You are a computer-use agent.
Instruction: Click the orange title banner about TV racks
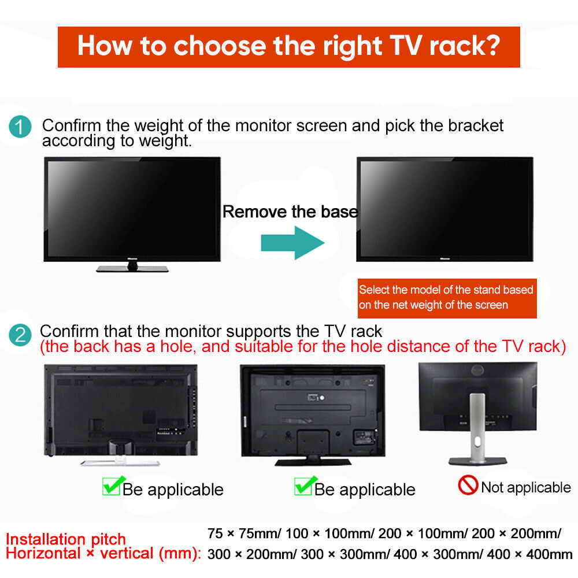tap(288, 46)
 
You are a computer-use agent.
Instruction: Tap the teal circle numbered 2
tap(21, 335)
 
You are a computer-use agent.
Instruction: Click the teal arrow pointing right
tap(292, 242)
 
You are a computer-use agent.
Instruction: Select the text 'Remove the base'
tap(290, 212)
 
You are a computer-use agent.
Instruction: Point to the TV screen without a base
tap(444, 209)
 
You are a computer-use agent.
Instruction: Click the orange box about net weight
tap(446, 297)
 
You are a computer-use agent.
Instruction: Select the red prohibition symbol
tap(468, 486)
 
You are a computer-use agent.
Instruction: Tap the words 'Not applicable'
tap(525, 487)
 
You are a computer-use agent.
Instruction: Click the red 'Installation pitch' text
tap(66, 539)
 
